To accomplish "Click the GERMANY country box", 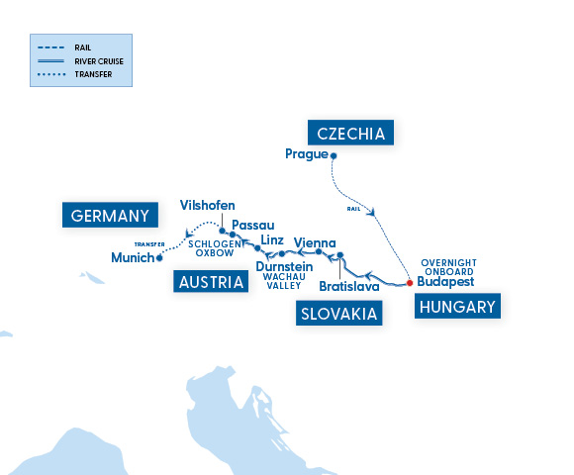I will pyautogui.click(x=111, y=216).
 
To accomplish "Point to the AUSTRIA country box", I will pyautogui.click(x=210, y=282).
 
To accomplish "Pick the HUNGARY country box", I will pyautogui.click(x=456, y=307).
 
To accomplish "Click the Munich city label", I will pyautogui.click(x=133, y=258).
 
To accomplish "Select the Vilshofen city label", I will pyautogui.click(x=208, y=205).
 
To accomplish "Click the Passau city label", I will pyautogui.click(x=252, y=226).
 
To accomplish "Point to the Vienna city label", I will pyautogui.click(x=315, y=242).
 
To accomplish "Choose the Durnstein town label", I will pyautogui.click(x=284, y=266).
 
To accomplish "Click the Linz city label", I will pyautogui.click(x=274, y=239).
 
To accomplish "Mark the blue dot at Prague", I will pyautogui.click(x=334, y=155).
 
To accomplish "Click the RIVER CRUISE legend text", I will pyautogui.click(x=99, y=59).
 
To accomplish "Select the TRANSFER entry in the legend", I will pyautogui.click(x=93, y=73).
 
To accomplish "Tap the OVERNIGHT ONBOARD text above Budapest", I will pyautogui.click(x=448, y=267).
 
